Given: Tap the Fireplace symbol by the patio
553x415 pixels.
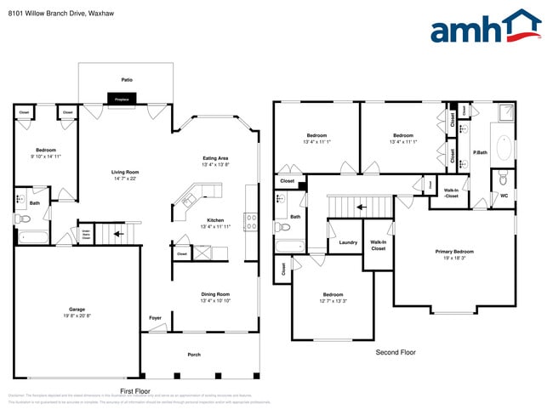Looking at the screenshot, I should pos(121,99).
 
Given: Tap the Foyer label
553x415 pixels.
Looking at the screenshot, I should pos(155,318).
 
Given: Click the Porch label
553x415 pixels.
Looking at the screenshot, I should pos(194,354).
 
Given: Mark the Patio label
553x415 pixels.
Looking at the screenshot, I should pos(127,80).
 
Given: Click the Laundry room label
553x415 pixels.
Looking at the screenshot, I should pos(347,242).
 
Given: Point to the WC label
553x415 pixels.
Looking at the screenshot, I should pos(504,196).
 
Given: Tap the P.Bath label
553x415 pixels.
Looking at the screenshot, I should pos(481,153).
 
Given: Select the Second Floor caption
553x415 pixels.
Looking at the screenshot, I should pos(396,351).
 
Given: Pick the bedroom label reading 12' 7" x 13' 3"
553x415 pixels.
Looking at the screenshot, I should pos(333,298).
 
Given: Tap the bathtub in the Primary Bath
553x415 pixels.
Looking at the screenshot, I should pos(503,148).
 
